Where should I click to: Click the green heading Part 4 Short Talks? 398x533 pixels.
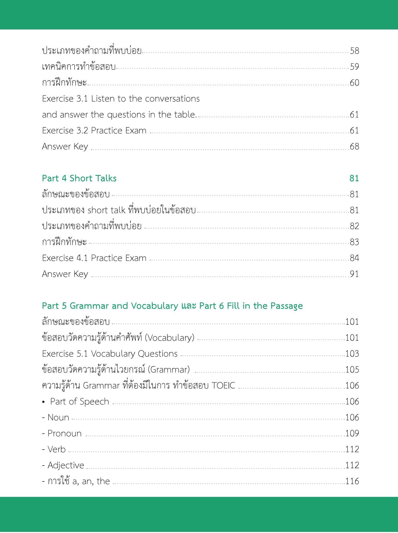[79, 178]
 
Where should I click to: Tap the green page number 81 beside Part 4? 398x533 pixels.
[354, 178]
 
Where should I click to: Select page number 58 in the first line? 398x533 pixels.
[355, 51]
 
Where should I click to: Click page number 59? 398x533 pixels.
[355, 67]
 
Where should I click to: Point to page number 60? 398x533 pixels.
[355, 83]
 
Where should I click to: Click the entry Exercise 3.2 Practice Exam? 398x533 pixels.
[94, 130]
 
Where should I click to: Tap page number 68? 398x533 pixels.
[355, 146]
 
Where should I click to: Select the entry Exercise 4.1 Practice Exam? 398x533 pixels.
[94, 258]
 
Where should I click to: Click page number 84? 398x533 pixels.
[355, 258]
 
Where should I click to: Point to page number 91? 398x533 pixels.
[355, 274]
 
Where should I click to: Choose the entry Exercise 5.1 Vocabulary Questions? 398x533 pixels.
[110, 353]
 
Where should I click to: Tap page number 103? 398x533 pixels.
[352, 353]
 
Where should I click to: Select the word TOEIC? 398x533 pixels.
[223, 385]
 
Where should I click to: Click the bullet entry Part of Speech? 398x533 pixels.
[79, 401]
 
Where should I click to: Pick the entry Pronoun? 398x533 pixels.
[64, 433]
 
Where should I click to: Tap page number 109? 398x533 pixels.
[352, 433]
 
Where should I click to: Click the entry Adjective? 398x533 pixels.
[65, 465]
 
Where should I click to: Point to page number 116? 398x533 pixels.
[352, 481]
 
